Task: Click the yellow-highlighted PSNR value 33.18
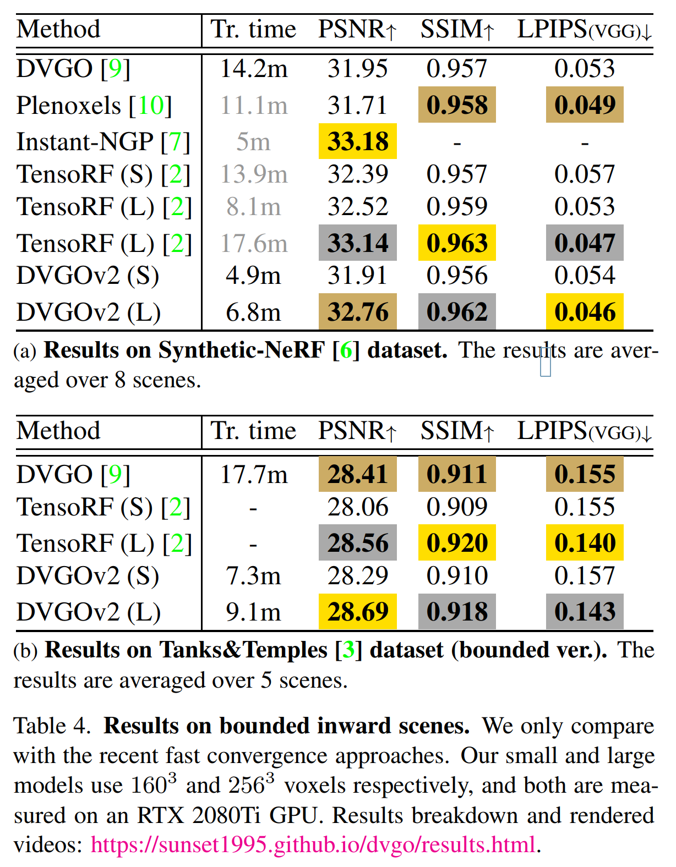point(358,141)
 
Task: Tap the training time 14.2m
point(253,69)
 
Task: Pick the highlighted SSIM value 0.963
point(457,243)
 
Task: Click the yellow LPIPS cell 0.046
point(585,312)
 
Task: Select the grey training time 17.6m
point(253,243)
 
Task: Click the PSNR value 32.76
point(358,312)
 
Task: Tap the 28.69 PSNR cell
point(358,612)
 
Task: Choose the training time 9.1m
point(253,612)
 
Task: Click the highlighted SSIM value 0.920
point(457,543)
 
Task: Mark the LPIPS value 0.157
point(585,575)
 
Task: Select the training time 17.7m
point(253,474)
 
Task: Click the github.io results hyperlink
point(313,844)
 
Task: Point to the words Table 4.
point(52,726)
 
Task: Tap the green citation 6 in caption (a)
point(346,350)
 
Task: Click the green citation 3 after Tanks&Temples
point(348,650)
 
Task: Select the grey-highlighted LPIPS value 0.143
point(585,612)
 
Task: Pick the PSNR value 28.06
point(358,507)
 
